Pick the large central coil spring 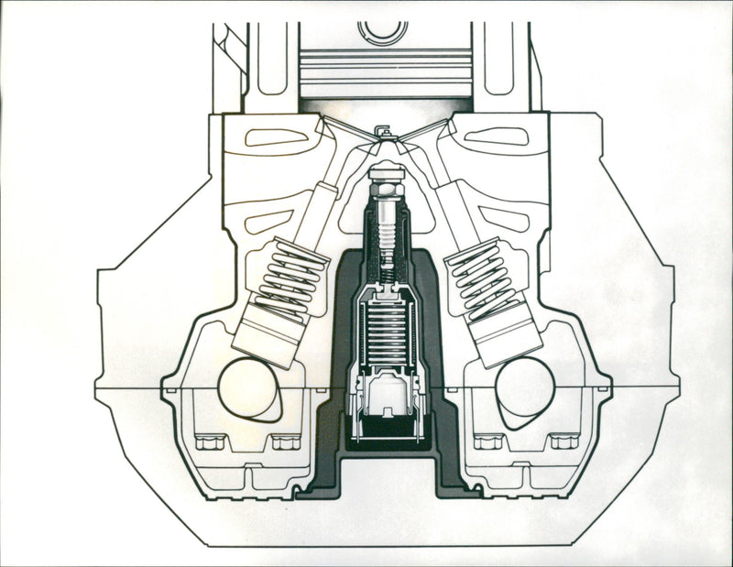(386, 330)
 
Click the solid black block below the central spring (386, 427)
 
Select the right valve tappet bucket (506, 339)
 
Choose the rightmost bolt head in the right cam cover (563, 442)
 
